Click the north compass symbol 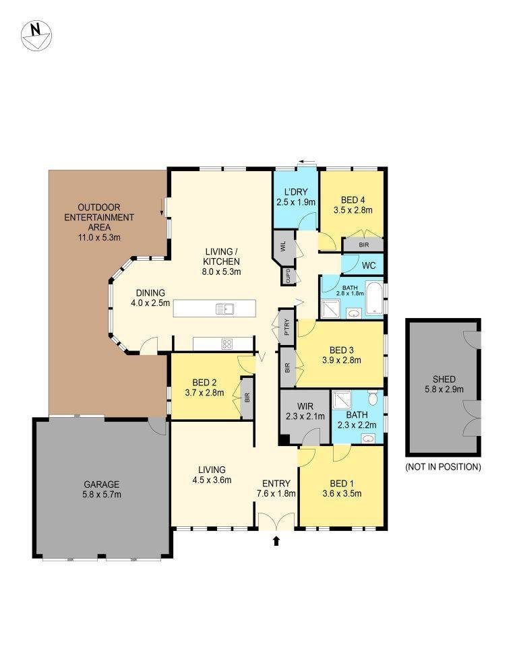(36, 36)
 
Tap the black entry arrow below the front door (276, 540)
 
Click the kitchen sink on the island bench (225, 309)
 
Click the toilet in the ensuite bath (373, 397)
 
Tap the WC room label (369, 266)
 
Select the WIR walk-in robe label (305, 407)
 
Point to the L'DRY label (296, 192)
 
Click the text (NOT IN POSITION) (443, 467)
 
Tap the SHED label (444, 379)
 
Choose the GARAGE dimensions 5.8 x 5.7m (102, 495)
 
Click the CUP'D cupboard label (288, 276)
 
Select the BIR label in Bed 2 (247, 398)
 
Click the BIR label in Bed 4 (363, 245)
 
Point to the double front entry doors (276, 521)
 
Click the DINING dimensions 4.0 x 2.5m (150, 303)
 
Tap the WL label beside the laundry (283, 245)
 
